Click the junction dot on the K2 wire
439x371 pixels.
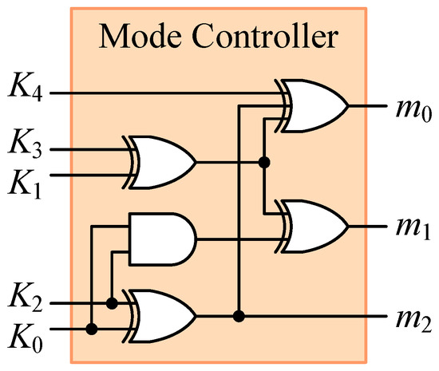pos(113,303)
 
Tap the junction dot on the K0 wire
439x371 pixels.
pos(93,328)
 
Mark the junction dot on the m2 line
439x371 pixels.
pos(238,316)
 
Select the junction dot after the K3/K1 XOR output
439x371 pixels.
pos(263,162)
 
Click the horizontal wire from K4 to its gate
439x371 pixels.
pos(160,93)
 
